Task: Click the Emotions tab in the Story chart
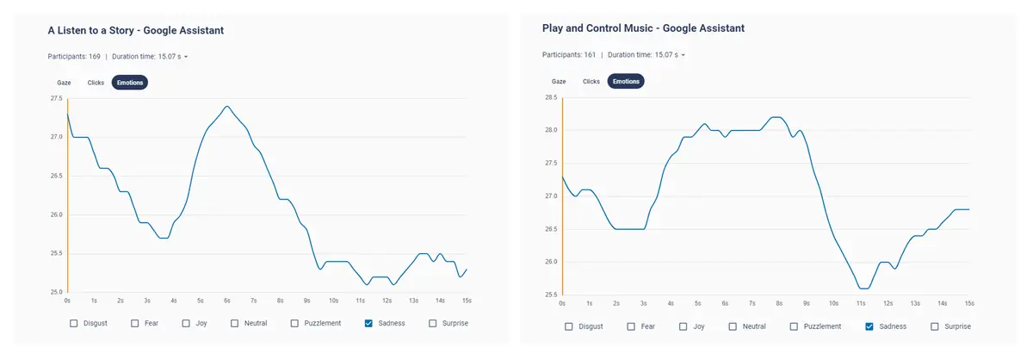pos(130,83)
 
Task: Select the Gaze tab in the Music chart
pos(559,81)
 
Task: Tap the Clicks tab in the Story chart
pos(96,83)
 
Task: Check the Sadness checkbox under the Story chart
pos(368,323)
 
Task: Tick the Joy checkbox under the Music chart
pos(683,326)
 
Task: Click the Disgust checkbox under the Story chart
pos(74,323)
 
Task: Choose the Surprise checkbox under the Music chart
pos(934,326)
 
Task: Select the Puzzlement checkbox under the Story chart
pos(294,323)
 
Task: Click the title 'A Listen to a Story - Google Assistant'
pos(136,30)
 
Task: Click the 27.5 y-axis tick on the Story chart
pos(56,98)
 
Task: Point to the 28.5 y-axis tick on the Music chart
pos(551,97)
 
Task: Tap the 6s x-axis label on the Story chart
pos(227,301)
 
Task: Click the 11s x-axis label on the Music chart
pos(861,303)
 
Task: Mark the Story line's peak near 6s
pos(227,106)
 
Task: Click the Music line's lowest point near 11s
pos(863,289)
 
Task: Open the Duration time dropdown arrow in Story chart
pos(186,57)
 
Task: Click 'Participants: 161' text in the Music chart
pos(569,54)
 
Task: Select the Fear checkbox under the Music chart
pos(631,326)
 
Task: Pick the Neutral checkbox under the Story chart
pos(234,323)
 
